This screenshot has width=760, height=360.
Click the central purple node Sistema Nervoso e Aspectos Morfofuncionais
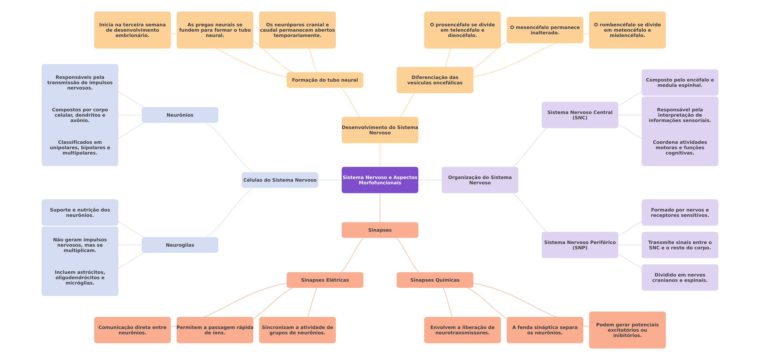(380, 180)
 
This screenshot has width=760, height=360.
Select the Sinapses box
(380, 230)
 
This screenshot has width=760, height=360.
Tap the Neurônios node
(180, 115)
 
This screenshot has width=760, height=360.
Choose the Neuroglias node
(180, 245)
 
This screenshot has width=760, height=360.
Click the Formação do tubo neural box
(325, 80)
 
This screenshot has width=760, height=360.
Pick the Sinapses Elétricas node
(325, 280)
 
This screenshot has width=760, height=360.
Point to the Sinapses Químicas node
(435, 280)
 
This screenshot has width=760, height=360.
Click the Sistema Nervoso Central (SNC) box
(580, 115)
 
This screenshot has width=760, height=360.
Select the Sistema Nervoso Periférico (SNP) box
(580, 245)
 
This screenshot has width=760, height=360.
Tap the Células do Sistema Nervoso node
(280, 180)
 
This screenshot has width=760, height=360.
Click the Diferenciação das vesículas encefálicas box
(435, 80)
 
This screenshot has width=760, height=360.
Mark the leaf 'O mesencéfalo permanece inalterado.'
(545, 30)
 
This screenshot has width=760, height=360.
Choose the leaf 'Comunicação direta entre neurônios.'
(132, 330)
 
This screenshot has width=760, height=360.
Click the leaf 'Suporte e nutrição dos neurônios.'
(80, 213)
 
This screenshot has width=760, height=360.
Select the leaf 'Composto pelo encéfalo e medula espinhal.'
(680, 83)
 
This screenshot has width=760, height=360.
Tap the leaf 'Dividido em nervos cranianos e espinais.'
(680, 278)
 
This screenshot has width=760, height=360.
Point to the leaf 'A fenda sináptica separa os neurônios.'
(545, 330)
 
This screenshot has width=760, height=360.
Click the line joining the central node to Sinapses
(380, 208)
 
